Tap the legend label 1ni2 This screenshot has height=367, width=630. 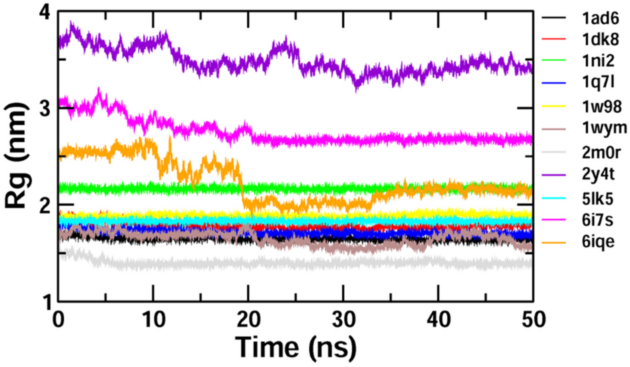pos(598,61)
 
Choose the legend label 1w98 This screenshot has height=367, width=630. pos(601,107)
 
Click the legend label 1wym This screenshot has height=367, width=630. pos(604,128)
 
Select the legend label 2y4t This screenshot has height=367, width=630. pos(598,174)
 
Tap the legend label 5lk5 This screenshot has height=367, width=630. pos(597,199)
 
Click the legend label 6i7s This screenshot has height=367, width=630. pos(597,220)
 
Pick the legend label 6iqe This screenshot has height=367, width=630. pos(598,242)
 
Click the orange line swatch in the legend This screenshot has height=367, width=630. pos(554,242)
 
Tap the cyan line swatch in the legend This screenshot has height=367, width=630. pos(554,198)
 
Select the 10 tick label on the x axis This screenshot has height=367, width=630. pos(154,320)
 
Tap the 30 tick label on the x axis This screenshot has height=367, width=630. pos(344,320)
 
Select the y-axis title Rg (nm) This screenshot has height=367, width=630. pos(17,155)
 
